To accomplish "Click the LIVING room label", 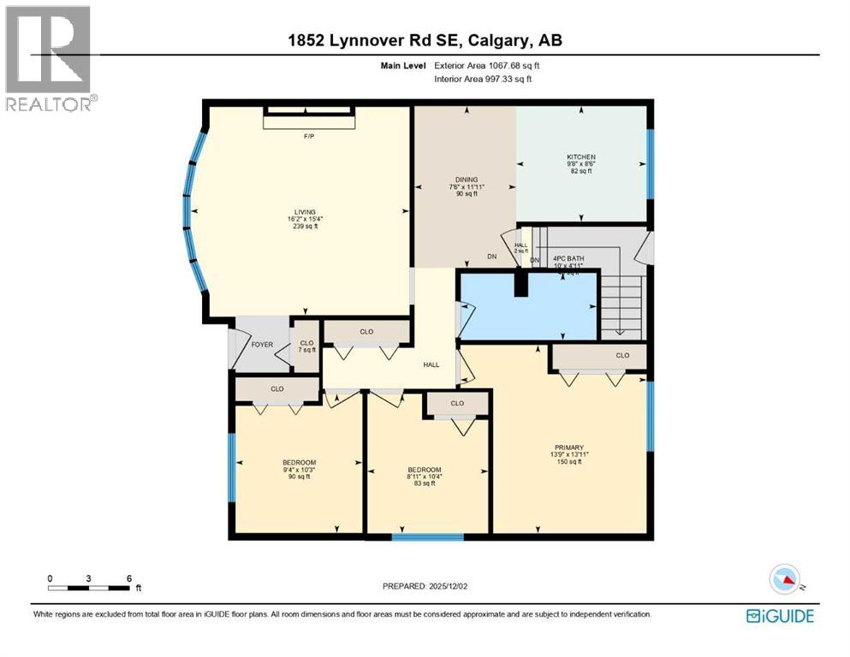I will pyautogui.click(x=305, y=211).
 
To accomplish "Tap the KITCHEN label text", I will pyautogui.click(x=580, y=157).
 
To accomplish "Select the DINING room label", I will pyautogui.click(x=467, y=180).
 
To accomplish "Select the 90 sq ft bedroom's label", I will pyautogui.click(x=300, y=463).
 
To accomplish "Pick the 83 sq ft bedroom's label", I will pyautogui.click(x=425, y=470).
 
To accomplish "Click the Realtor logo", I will pyautogui.click(x=50, y=58).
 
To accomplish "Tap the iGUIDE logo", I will pyautogui.click(x=779, y=615).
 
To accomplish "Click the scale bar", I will pyautogui.click(x=89, y=587).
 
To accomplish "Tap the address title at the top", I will pyautogui.click(x=425, y=39).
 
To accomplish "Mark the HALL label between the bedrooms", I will pyautogui.click(x=431, y=364).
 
